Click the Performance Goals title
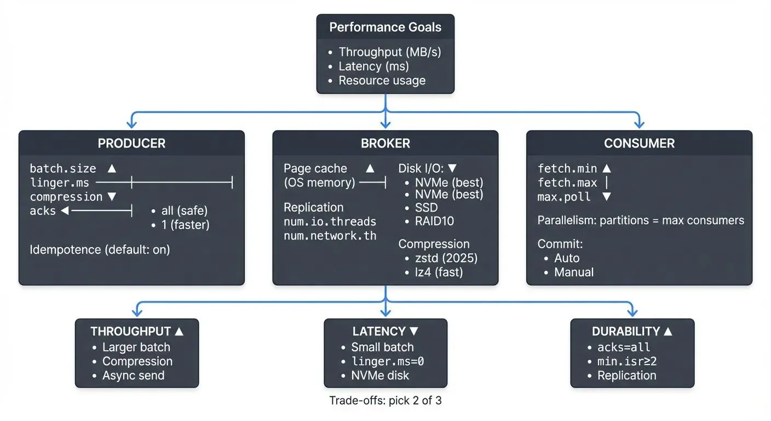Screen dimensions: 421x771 point(385,27)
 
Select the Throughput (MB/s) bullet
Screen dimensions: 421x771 point(389,52)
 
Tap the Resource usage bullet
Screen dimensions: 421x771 point(382,81)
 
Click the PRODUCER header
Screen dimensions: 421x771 point(131,144)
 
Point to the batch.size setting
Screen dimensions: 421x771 point(62,168)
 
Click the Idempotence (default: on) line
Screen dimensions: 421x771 point(100,249)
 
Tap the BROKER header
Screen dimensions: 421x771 point(385,144)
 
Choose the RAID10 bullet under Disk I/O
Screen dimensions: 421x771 point(435,221)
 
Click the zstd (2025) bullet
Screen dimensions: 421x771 point(446,258)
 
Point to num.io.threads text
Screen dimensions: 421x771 point(330,221)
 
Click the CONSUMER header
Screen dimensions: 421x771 point(639,144)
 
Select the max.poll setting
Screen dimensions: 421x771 point(564,197)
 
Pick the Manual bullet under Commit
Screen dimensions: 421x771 point(573,272)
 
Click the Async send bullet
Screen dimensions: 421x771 point(133,376)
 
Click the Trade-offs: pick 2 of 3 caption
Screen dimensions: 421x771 point(385,401)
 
